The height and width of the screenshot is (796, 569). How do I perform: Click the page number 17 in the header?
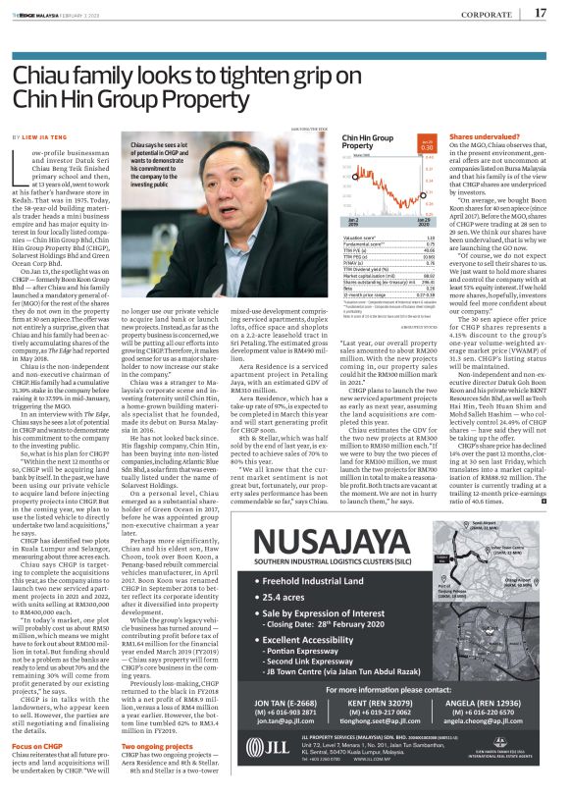tap(541, 13)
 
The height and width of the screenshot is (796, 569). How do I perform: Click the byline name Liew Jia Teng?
tap(42, 136)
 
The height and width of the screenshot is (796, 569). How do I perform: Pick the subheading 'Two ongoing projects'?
tap(157, 718)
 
